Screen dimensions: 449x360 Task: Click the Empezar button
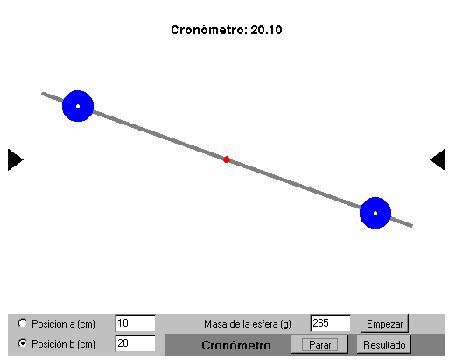coord(384,324)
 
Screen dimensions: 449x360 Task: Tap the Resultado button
coord(384,345)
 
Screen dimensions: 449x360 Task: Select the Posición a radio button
coord(22,323)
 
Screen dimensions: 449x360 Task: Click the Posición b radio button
coord(22,343)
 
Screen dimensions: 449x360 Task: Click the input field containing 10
coord(136,323)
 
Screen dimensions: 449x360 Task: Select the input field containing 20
coord(136,343)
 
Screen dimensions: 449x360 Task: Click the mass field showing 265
coord(331,323)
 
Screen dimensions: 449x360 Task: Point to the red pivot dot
coord(227,159)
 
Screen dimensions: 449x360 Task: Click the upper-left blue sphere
coord(78,106)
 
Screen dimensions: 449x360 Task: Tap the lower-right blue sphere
coord(375,213)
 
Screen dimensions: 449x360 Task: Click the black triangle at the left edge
coord(15,159)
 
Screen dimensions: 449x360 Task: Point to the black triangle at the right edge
coord(438,159)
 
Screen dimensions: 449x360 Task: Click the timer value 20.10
coord(266,30)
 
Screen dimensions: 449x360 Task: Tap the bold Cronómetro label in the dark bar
coord(236,345)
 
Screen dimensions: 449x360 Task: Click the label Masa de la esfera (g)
coord(248,324)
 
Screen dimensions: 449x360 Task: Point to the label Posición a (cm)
coord(63,324)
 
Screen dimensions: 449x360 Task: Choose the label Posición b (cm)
coord(63,344)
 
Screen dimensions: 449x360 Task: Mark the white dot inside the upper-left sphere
coord(78,106)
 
